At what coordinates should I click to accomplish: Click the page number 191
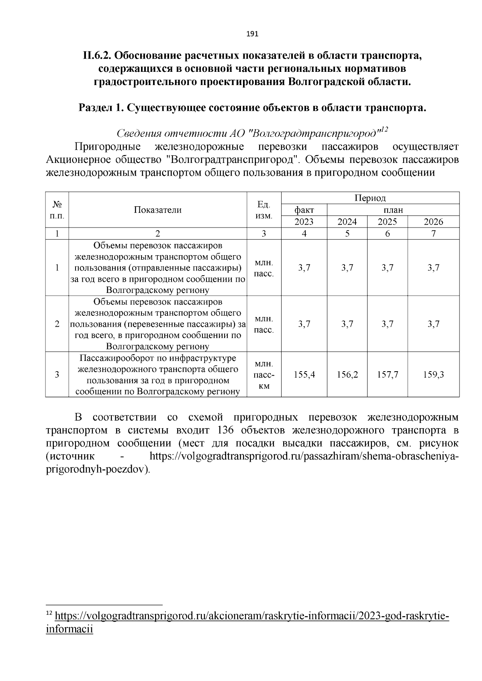252,34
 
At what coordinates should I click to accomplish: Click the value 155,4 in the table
304,375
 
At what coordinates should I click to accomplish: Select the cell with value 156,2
347,375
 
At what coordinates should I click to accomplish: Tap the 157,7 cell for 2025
387,375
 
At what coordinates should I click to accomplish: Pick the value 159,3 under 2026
433,375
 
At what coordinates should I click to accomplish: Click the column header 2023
304,222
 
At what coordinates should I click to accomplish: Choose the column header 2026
433,222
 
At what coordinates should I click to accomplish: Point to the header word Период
370,198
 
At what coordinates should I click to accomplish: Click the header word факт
304,210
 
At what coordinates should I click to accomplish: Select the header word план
393,210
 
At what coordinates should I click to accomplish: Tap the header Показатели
157,210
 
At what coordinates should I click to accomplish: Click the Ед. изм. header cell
264,210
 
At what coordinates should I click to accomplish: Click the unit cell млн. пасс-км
264,375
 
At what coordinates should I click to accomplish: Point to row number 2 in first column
57,324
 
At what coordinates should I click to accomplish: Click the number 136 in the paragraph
228,431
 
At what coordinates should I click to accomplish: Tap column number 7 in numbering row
433,234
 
